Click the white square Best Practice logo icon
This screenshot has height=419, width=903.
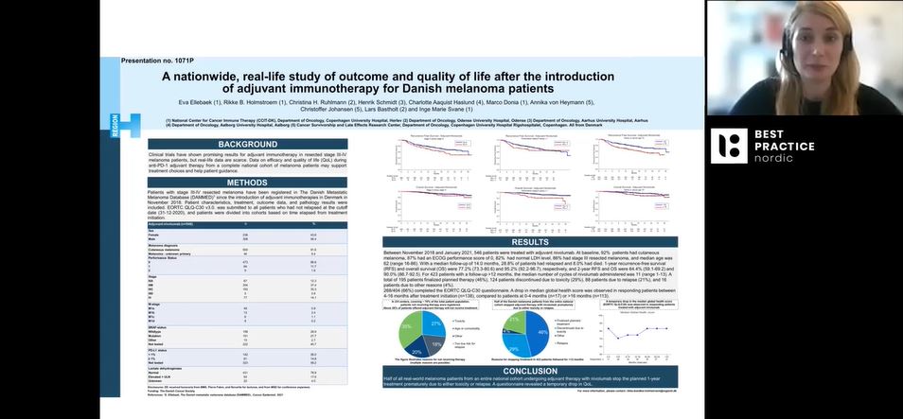[729, 146]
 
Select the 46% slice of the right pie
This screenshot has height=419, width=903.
[542, 331]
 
